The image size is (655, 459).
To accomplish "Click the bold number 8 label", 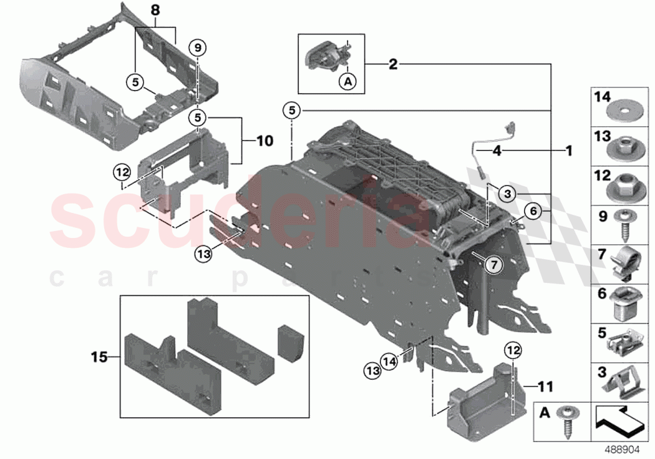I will pyautogui.click(x=155, y=11).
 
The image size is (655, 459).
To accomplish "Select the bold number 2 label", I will pyautogui.click(x=392, y=64).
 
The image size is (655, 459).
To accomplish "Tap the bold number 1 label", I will pyautogui.click(x=568, y=151).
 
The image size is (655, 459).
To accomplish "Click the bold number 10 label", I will pyautogui.click(x=264, y=141).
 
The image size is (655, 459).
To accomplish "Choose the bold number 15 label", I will pyautogui.click(x=99, y=357).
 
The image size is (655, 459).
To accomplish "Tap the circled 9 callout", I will pyautogui.click(x=197, y=48).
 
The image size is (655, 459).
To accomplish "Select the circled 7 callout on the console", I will pyautogui.click(x=493, y=265).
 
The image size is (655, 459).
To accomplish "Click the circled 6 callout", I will pyautogui.click(x=533, y=211).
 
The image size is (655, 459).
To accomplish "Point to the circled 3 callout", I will pyautogui.click(x=508, y=194).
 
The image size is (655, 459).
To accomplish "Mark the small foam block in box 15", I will pyautogui.click(x=289, y=342).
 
